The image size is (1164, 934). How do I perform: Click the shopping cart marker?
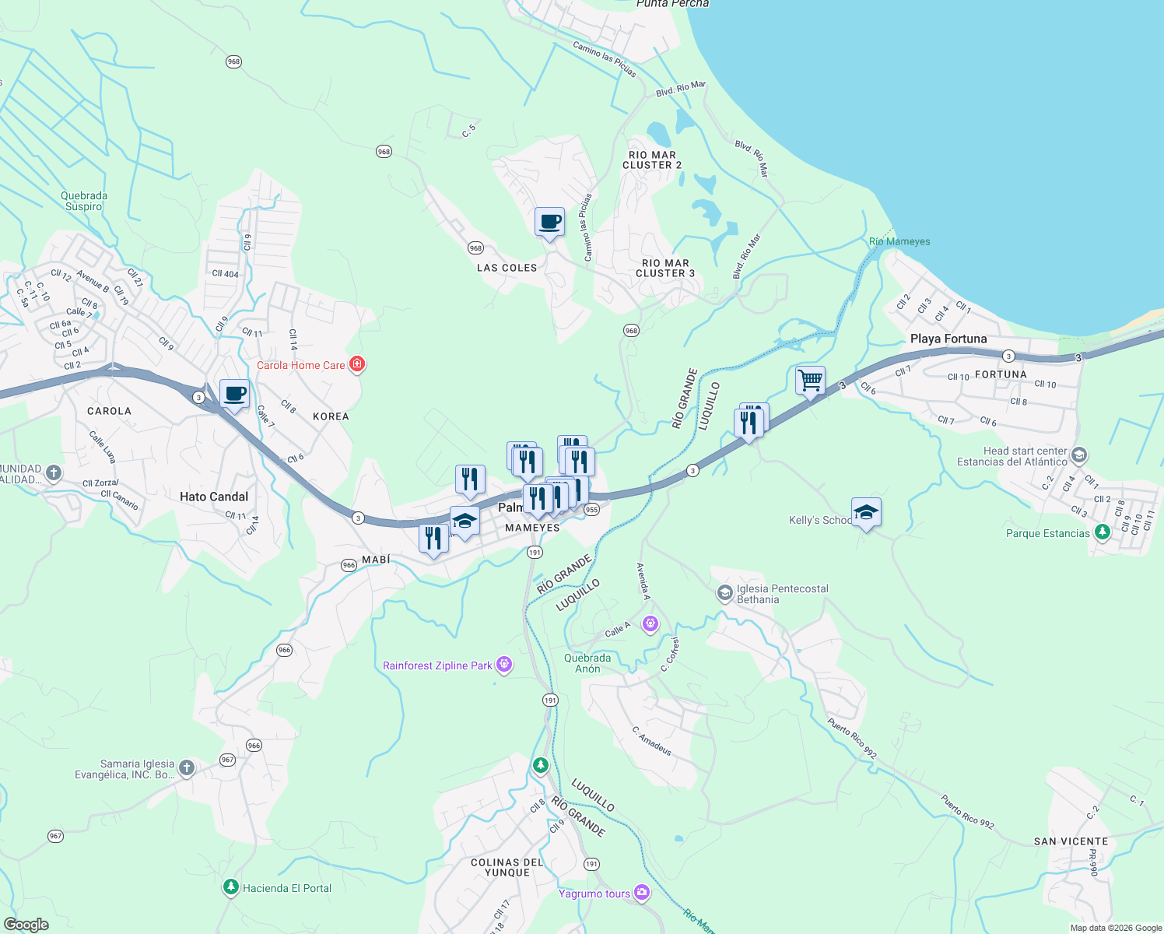(x=810, y=381)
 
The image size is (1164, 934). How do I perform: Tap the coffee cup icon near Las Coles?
(x=549, y=222)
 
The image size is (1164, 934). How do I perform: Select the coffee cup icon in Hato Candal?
(x=234, y=394)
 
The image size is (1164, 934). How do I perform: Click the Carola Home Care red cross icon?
(x=357, y=364)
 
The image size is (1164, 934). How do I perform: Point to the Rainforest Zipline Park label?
(x=438, y=665)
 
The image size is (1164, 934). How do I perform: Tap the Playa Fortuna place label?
(x=948, y=339)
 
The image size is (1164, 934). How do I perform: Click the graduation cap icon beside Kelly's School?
(x=866, y=512)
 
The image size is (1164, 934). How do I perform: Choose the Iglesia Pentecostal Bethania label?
(x=782, y=594)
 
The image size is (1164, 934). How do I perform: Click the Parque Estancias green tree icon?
(x=1102, y=532)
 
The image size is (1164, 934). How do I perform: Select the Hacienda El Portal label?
(x=287, y=888)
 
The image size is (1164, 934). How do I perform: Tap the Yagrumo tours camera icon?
(x=642, y=893)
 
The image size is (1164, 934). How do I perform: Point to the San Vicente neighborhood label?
(x=1071, y=841)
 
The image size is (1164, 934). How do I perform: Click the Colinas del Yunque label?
(x=507, y=867)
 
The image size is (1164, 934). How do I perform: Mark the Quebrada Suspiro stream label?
(x=84, y=201)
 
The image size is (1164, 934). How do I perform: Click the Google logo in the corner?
(x=26, y=925)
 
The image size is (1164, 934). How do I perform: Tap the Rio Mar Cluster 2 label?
(x=652, y=160)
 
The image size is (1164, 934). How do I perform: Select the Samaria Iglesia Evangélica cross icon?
(x=187, y=769)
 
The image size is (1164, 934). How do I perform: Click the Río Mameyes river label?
(x=899, y=241)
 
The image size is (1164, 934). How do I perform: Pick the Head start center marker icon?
(x=1078, y=455)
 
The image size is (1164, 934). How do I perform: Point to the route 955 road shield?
(x=591, y=510)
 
